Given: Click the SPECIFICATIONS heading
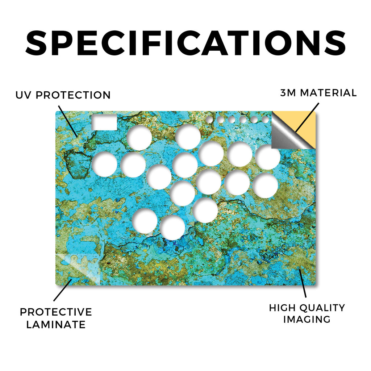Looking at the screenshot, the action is [185, 43].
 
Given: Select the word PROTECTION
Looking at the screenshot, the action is [73, 95].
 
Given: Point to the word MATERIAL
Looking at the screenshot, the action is [328, 93].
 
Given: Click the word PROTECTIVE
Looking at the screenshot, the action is [56, 312].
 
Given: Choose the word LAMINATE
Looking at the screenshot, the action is [56, 324].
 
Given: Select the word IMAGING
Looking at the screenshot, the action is [307, 320].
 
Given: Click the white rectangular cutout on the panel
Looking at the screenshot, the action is [104, 122].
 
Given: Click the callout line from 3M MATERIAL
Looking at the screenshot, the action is [307, 117].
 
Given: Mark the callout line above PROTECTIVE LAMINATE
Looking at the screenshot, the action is [63, 290].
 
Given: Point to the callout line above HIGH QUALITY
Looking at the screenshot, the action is [303, 283].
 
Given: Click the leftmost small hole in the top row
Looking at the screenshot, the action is [209, 120].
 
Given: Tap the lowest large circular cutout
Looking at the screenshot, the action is [172, 228].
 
